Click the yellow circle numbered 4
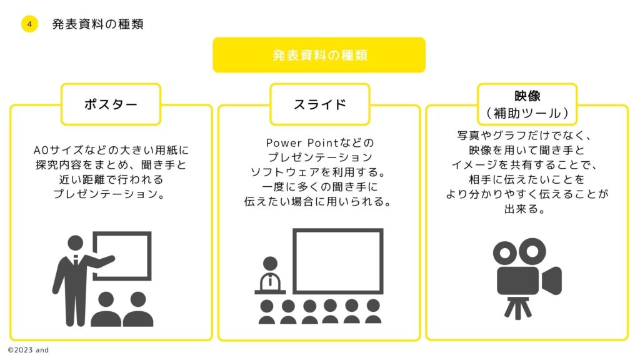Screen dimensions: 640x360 coord(29,24)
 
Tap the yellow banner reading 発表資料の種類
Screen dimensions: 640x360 coord(319,55)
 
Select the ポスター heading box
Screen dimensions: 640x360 coord(111,104)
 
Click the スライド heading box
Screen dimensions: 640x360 coord(319,104)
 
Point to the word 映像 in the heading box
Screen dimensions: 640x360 coord(527,96)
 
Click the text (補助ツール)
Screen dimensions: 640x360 coord(527,113)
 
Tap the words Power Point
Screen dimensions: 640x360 coord(302,143)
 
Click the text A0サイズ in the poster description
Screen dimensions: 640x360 coord(54,150)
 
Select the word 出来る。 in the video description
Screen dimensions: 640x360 coord(525,209)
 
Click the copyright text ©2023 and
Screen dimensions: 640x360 coord(28,350)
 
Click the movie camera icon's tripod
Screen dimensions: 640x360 coord(517,307)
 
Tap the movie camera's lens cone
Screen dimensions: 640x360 coord(551,281)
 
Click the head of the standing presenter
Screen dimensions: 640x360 coord(76,243)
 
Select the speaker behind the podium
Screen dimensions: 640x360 coord(270,274)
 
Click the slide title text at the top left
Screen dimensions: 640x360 coord(97,24)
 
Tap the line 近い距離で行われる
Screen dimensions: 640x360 coord(111,179)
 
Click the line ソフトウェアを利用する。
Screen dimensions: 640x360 coord(319,172)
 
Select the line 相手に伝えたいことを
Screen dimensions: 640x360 coord(526,179)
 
